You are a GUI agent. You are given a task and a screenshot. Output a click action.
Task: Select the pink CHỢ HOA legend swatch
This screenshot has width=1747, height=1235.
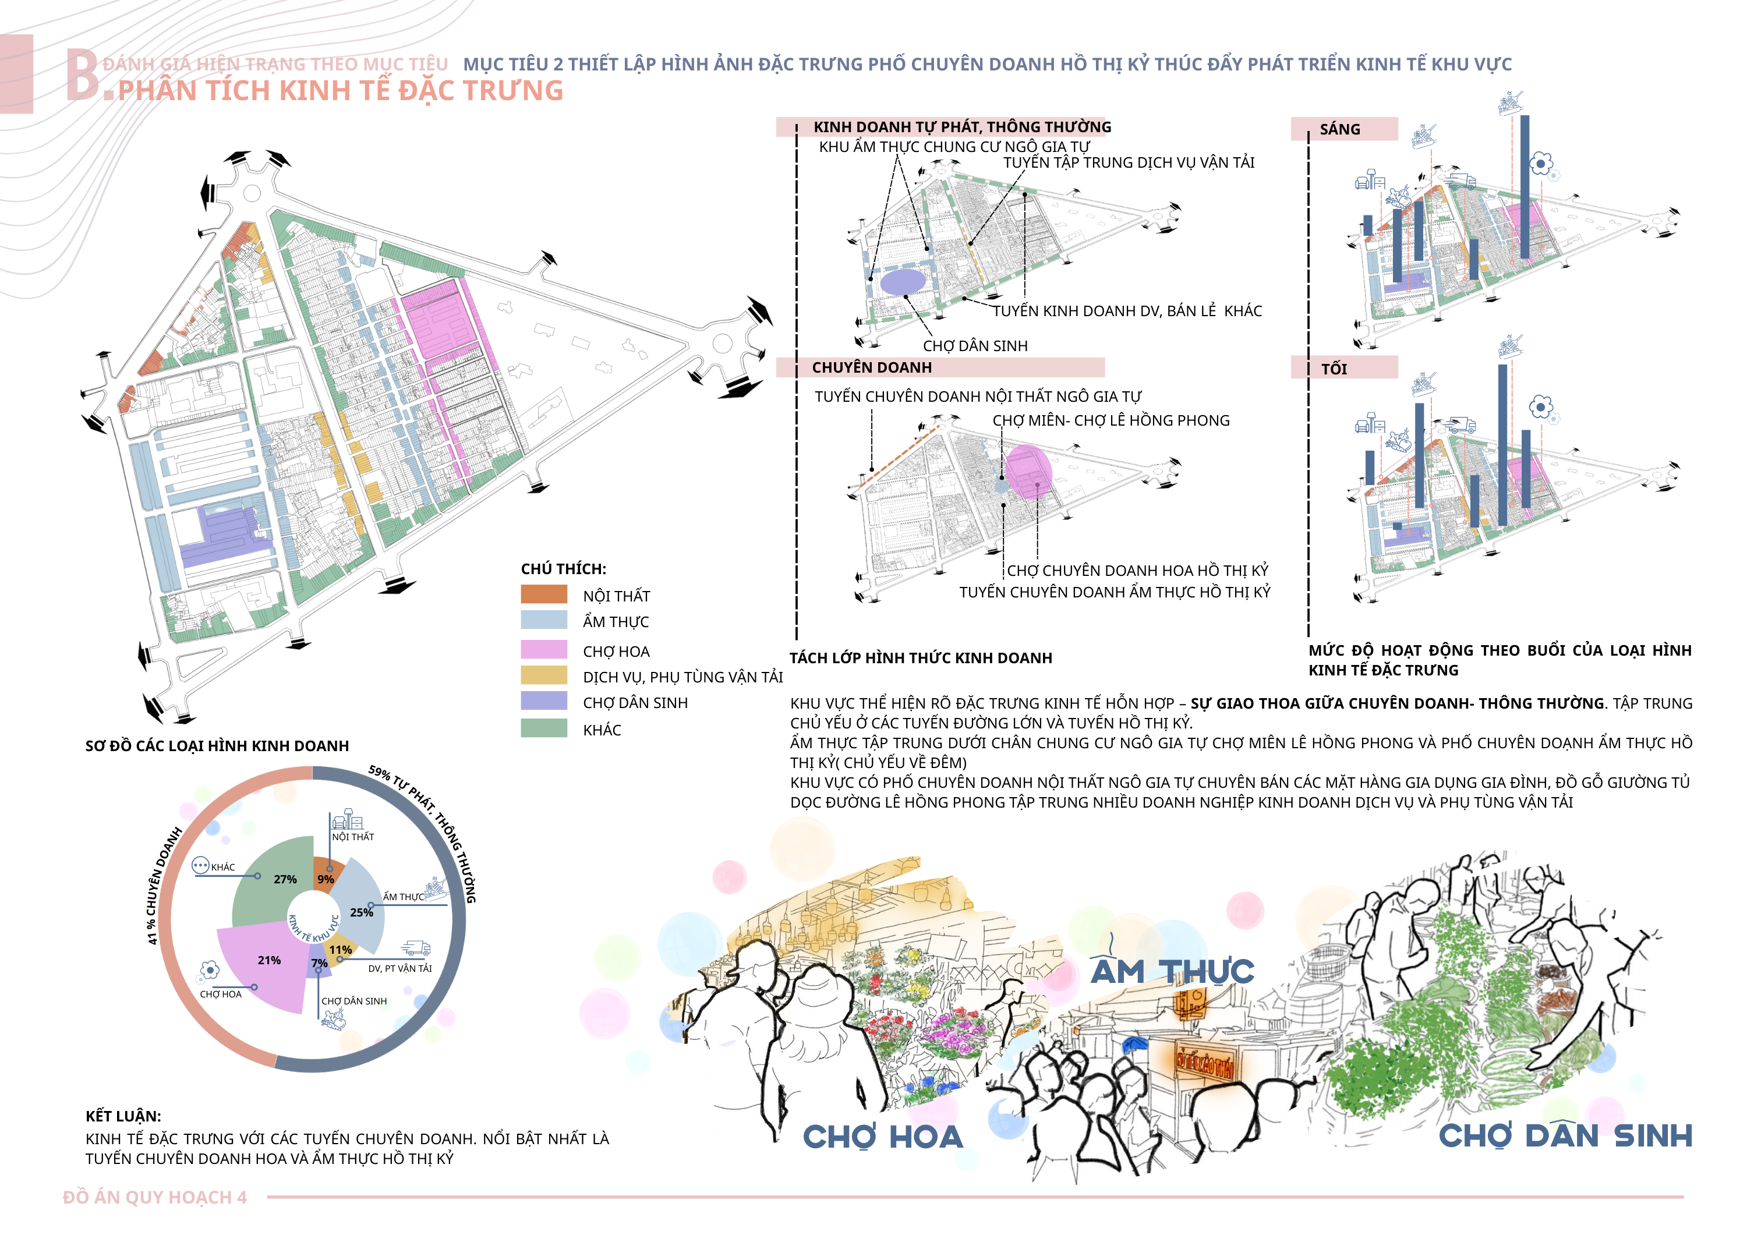pyautogui.click(x=543, y=650)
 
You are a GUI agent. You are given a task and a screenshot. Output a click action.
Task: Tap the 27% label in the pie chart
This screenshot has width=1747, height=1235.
pyautogui.click(x=285, y=879)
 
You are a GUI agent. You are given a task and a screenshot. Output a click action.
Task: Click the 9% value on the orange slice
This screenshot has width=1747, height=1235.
pyautogui.click(x=326, y=879)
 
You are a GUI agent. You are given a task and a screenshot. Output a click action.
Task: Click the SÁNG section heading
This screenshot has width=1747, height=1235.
pyautogui.click(x=1339, y=129)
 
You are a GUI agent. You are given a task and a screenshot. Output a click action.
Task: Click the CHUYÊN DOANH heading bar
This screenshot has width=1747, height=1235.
pyautogui.click(x=871, y=367)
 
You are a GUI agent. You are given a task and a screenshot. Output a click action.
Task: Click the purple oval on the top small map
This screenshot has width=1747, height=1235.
pyautogui.click(x=903, y=282)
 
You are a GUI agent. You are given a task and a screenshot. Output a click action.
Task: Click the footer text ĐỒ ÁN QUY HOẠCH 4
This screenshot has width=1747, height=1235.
pyautogui.click(x=154, y=1198)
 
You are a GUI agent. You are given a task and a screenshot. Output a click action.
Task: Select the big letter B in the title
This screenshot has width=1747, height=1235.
pyautogui.click(x=82, y=75)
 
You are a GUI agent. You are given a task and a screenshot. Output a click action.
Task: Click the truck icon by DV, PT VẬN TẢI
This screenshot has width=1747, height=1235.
pyautogui.click(x=415, y=948)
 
